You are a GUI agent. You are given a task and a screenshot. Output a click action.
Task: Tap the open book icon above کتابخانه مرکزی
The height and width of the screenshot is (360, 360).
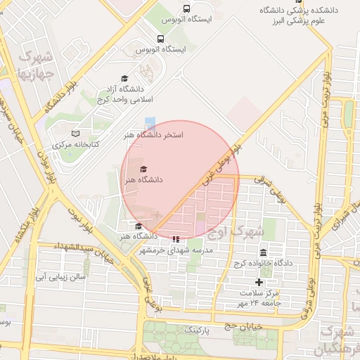coord(76,134)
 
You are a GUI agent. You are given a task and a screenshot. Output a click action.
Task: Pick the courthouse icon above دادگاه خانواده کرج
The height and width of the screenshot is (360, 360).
coord(263,252)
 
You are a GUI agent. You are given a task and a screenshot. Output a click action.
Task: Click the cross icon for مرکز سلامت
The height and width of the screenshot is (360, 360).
coord(259,282)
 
